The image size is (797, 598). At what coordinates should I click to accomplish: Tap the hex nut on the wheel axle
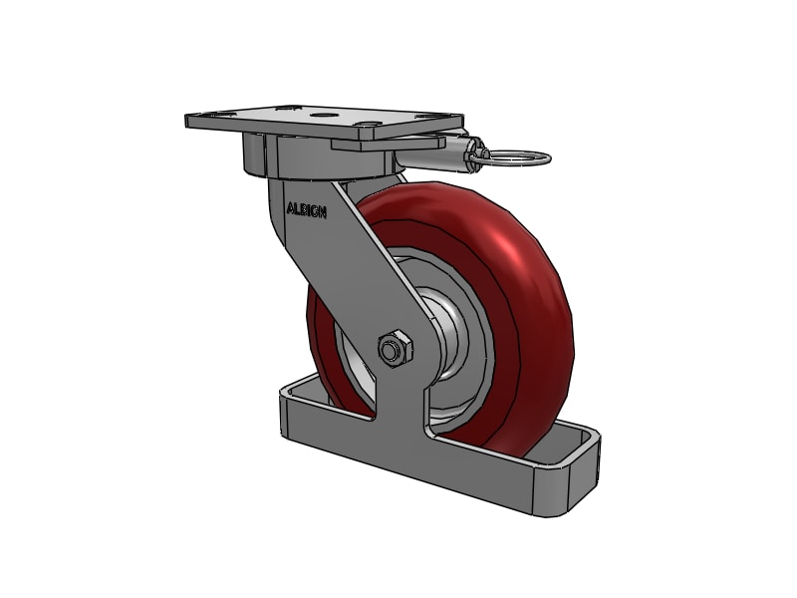coord(394,349)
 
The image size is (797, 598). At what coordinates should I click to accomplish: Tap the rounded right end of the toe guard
coord(588,468)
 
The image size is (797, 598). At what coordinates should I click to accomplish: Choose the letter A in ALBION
coord(290,209)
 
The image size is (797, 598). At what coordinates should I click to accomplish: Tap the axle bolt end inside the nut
coord(390,349)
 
